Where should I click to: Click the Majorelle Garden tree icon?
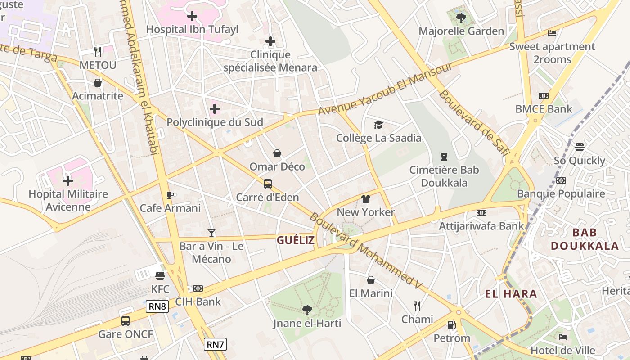pyautogui.click(x=461, y=18)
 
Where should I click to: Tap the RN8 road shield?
pyautogui.click(x=157, y=306)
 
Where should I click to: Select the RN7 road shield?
pyautogui.click(x=215, y=345)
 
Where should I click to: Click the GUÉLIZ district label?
pyautogui.click(x=296, y=240)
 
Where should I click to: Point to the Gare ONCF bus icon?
pyautogui.click(x=126, y=321)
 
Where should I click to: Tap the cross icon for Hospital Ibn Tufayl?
pyautogui.click(x=192, y=17)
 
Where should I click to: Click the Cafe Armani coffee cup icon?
pyautogui.click(x=170, y=195)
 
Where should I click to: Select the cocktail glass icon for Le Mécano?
pyautogui.click(x=211, y=233)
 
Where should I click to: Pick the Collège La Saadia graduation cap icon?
pyautogui.click(x=378, y=125)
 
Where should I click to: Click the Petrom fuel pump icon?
pyautogui.click(x=451, y=324)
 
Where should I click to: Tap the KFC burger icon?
pyautogui.click(x=160, y=275)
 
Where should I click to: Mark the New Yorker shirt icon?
pyautogui.click(x=365, y=199)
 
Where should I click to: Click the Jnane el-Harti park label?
pyautogui.click(x=307, y=323)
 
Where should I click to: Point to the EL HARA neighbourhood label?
pyautogui.click(x=511, y=294)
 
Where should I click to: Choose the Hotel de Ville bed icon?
pyautogui.click(x=562, y=337)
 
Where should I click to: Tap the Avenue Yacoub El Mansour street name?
pyautogui.click(x=385, y=89)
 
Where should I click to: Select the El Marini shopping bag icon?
pyautogui.click(x=371, y=280)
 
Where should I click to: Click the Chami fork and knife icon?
pyautogui.click(x=417, y=306)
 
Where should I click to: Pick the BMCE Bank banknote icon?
pyautogui.click(x=544, y=96)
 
